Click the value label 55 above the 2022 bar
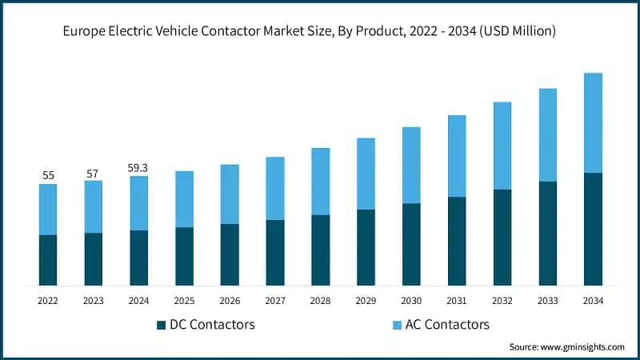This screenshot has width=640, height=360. [48, 174]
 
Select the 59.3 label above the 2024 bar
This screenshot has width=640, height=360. [138, 168]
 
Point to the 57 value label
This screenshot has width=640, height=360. [93, 173]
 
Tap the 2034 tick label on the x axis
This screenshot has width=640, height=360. [593, 300]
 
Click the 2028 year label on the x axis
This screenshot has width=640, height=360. [320, 300]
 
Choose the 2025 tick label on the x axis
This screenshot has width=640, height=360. [184, 300]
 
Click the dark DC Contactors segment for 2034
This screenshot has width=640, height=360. [593, 229]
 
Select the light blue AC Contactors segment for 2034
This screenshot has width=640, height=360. [593, 122]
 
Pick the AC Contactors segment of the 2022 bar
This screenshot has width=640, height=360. [48, 209]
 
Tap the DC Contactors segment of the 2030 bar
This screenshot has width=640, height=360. [411, 244]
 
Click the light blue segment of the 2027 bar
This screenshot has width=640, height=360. [275, 188]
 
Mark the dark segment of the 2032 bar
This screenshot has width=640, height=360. [502, 237]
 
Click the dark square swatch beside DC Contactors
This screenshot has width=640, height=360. [162, 325]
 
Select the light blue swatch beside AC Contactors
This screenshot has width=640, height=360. [397, 325]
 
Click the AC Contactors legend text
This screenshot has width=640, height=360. [449, 325]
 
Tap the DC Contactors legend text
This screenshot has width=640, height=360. [212, 325]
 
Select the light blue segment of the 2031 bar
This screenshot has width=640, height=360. [457, 156]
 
